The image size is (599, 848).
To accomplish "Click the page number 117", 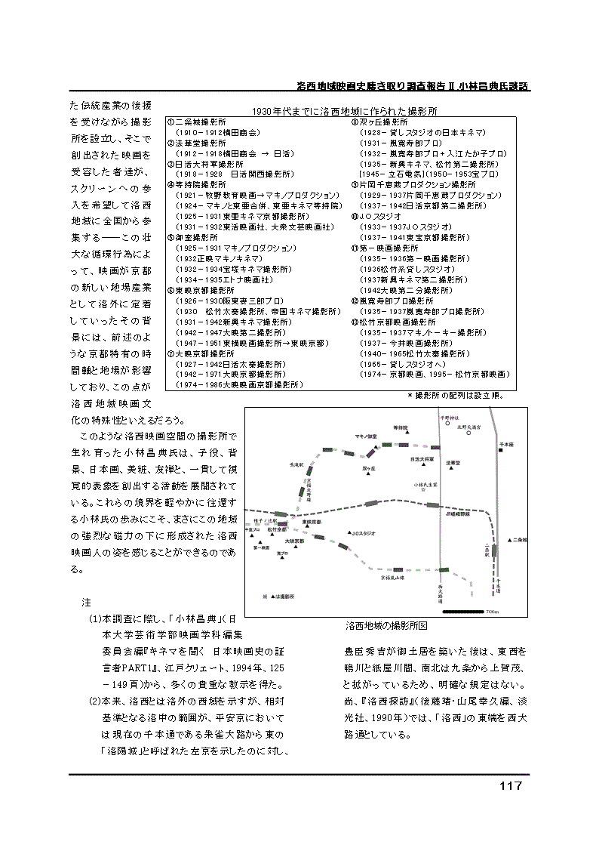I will point(510,786).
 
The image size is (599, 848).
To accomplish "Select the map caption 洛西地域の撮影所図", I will point(386,626).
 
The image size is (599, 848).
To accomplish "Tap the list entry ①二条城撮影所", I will point(196,122).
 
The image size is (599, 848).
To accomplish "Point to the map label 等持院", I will point(400,427).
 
